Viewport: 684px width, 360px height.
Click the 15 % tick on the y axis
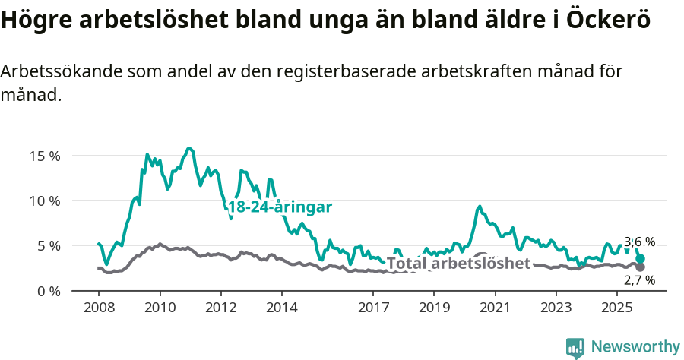pos(45,156)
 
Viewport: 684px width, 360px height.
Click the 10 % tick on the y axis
pos(45,201)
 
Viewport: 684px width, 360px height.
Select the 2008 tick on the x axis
pos(99,308)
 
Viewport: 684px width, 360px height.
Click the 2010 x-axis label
pos(160,308)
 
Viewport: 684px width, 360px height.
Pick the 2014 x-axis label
pos(281,308)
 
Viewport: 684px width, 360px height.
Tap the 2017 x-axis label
pos(373,308)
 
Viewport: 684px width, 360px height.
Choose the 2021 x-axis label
pos(495,308)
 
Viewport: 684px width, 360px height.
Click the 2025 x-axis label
pos(616,308)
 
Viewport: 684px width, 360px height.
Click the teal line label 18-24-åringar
pos(280,207)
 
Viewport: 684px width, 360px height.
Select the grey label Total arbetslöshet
pos(458,264)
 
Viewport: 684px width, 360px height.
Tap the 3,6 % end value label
pos(639,242)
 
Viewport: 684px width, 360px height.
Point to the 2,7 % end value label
pos(639,280)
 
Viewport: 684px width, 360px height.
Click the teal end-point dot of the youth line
pos(641,259)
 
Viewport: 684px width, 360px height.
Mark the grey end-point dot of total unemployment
pos(641,267)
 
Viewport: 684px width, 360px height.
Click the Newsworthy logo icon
pos(575,347)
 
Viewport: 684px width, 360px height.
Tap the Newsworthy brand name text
pos(635,347)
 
